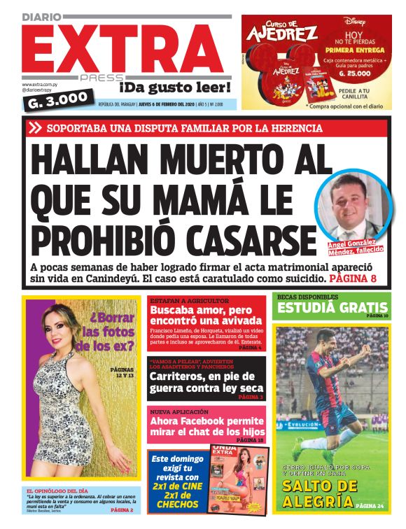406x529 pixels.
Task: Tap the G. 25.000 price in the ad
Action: click(x=358, y=73)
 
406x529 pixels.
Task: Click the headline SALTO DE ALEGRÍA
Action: click(x=317, y=496)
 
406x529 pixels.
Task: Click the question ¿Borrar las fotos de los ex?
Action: click(x=105, y=332)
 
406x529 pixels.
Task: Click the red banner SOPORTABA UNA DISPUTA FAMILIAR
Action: click(x=185, y=129)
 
